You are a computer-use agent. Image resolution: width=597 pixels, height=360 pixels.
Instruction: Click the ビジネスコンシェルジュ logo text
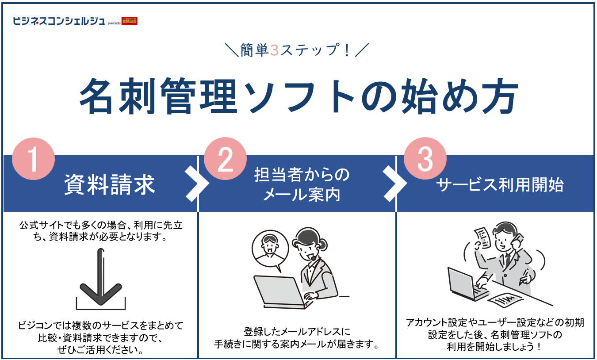click(59, 21)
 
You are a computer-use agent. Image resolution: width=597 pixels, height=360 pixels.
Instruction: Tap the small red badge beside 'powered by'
click(129, 21)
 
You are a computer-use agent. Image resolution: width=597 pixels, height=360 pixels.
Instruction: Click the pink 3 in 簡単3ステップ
click(274, 50)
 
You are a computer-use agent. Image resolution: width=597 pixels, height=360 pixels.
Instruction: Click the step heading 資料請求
click(110, 184)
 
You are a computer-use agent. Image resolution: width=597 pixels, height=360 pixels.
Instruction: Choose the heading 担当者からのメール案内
click(302, 184)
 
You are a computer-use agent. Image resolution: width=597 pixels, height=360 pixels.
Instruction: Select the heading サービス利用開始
click(500, 185)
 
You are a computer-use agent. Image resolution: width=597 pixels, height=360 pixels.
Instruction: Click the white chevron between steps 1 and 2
click(196, 184)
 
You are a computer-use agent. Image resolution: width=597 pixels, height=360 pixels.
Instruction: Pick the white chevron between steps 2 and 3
click(395, 184)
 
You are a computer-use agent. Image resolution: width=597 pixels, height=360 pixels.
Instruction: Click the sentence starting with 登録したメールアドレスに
click(297, 331)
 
